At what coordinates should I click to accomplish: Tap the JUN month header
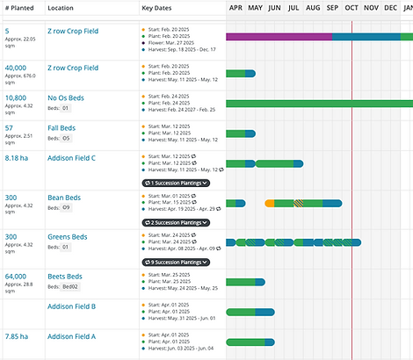(274, 8)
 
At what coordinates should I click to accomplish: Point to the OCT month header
(351, 8)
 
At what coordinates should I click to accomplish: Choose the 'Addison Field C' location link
(71, 157)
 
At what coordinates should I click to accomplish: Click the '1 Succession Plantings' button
(176, 183)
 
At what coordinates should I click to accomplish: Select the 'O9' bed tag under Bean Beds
(66, 208)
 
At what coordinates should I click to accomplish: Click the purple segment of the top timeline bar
(278, 37)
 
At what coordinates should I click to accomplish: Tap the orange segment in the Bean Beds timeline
(269, 204)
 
